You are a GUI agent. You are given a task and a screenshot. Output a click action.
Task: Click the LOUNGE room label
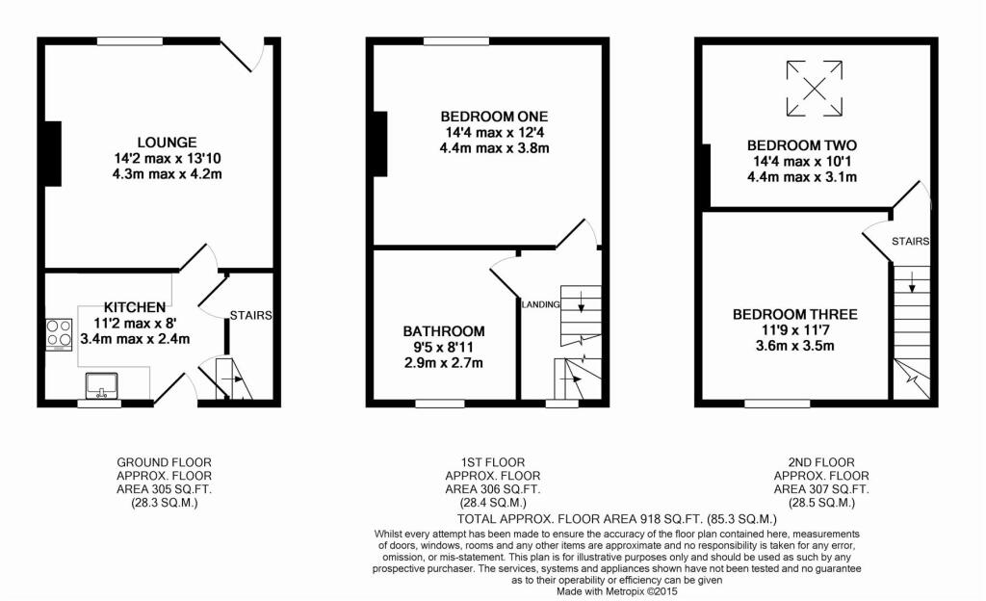[167, 143]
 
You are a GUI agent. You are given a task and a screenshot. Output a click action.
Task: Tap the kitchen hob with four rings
[59, 334]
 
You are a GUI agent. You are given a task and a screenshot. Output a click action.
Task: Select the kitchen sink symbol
[102, 386]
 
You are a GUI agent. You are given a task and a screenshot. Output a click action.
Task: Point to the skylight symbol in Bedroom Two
[815, 88]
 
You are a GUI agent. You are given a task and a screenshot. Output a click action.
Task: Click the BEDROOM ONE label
[494, 117]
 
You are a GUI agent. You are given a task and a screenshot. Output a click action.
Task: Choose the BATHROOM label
[444, 331]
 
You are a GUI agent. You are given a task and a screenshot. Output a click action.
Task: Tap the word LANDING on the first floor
[541, 305]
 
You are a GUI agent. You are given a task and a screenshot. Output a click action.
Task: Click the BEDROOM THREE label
[794, 314]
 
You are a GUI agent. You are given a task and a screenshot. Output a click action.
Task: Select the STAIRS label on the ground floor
[250, 316]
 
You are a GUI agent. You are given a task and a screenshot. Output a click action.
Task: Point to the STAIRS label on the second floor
[910, 242]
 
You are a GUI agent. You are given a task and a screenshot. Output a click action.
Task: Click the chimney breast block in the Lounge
[54, 154]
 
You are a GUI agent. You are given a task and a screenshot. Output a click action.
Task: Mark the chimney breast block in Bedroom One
[379, 144]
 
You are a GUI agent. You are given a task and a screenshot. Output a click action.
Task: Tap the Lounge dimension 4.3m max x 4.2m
[167, 174]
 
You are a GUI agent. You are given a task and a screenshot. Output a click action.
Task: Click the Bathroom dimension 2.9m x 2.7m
[444, 363]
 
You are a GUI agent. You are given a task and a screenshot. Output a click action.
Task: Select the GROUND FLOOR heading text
[164, 462]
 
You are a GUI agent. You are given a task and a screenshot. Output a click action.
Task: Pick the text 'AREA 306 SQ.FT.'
[492, 489]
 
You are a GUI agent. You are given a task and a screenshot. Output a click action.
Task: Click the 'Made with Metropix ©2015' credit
[617, 591]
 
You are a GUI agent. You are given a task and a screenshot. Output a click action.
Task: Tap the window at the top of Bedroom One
[455, 41]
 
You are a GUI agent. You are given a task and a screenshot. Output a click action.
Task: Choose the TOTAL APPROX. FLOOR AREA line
[617, 519]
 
